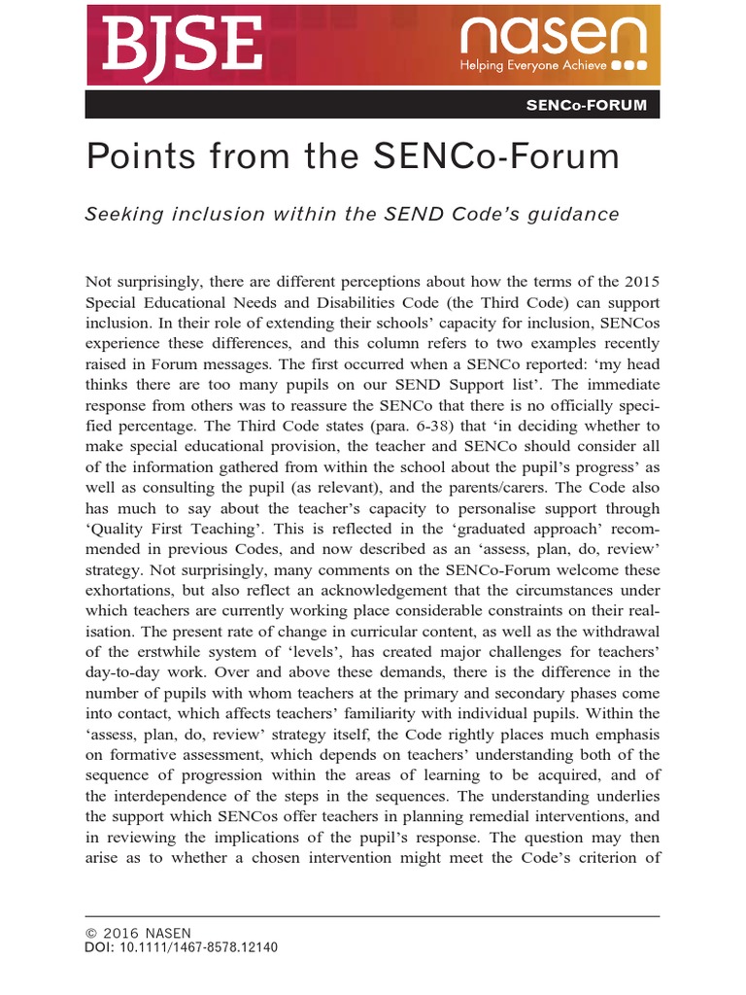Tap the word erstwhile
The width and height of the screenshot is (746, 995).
pos(157,651)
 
